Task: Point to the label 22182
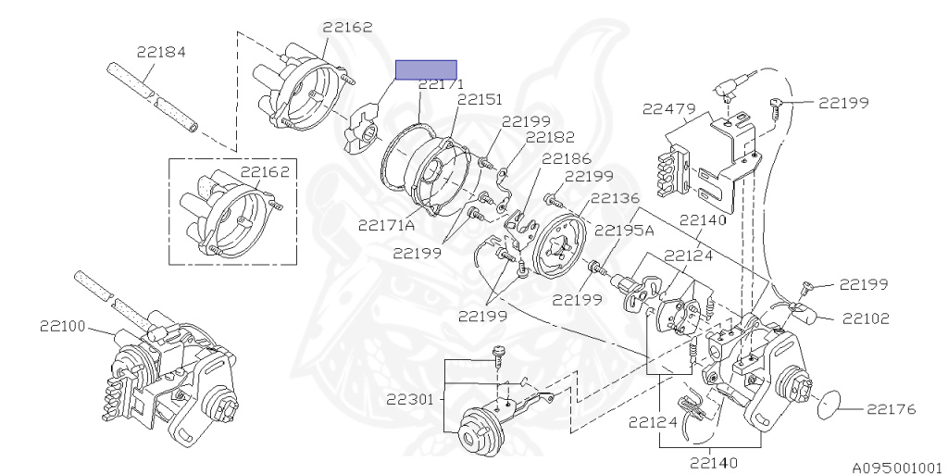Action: [550, 137]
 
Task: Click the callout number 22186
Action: [566, 158]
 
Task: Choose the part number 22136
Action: [614, 198]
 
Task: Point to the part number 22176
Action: [892, 407]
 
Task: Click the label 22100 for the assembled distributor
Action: [63, 326]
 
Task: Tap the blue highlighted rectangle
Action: [426, 70]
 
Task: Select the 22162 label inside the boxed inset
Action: [267, 171]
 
